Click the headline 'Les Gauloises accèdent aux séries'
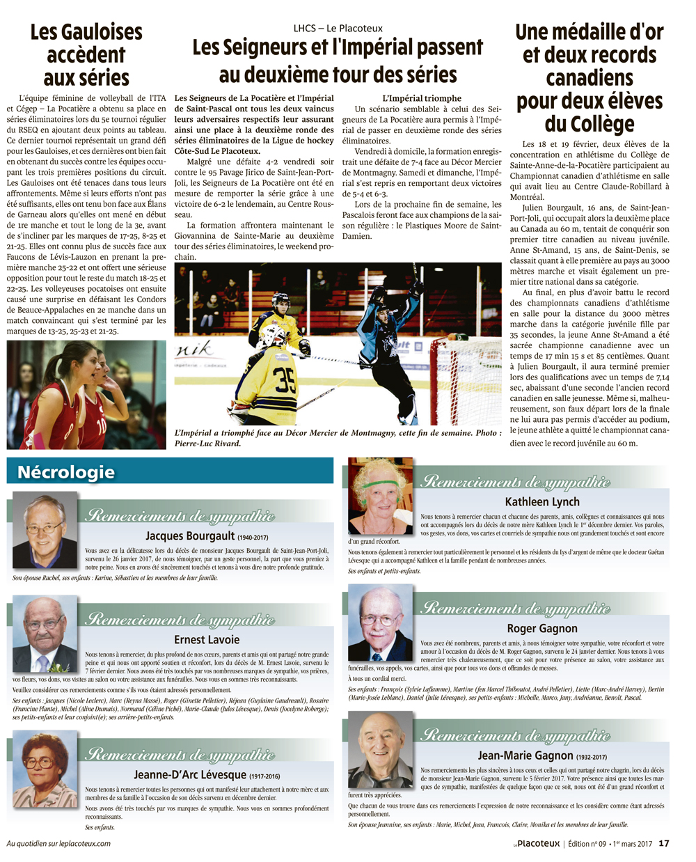click(x=86, y=55)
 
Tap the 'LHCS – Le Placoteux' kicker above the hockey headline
click(x=338, y=29)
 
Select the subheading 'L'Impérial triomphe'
click(x=422, y=98)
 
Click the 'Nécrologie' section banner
click(x=66, y=472)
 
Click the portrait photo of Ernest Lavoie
click(x=45, y=634)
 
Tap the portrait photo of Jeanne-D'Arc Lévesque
click(x=45, y=769)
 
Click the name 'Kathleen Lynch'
click(x=541, y=501)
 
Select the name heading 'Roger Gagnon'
click(x=541, y=628)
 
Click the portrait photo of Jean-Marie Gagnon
click(x=380, y=750)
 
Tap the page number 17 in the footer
click(x=663, y=843)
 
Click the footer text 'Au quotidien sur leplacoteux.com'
click(x=59, y=843)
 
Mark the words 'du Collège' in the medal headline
click(x=590, y=124)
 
